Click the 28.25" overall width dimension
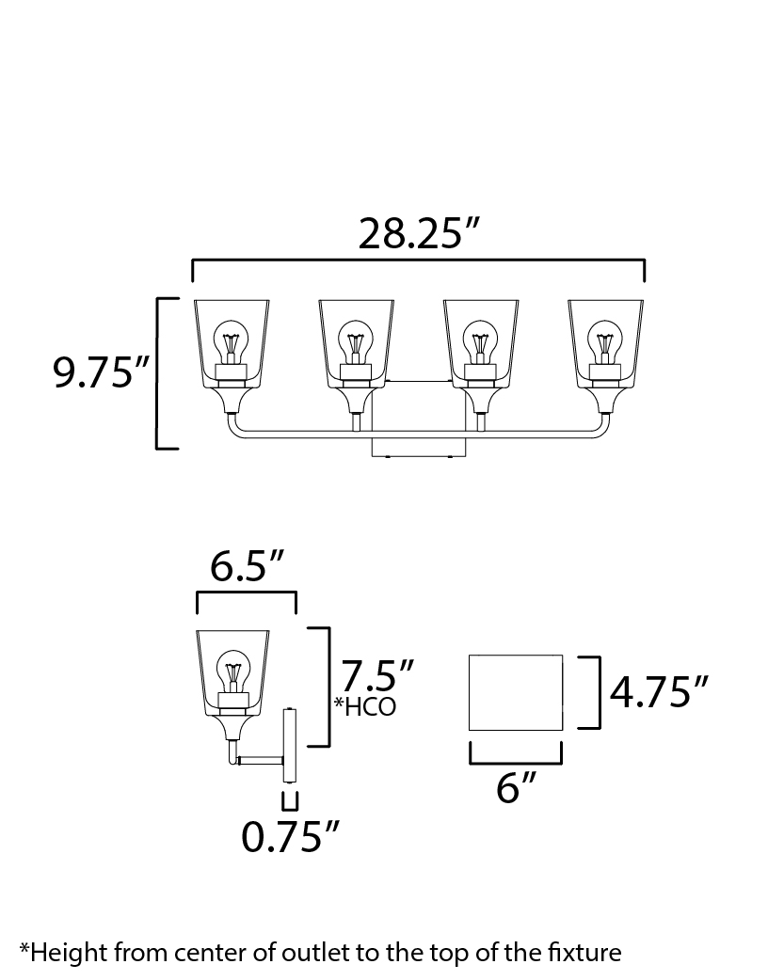click(x=418, y=234)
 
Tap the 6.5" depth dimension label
click(x=247, y=566)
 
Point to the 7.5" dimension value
click(x=376, y=675)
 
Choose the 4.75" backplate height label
click(x=658, y=692)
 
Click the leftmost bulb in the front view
click(x=232, y=342)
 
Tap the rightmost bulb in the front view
click(x=605, y=342)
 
